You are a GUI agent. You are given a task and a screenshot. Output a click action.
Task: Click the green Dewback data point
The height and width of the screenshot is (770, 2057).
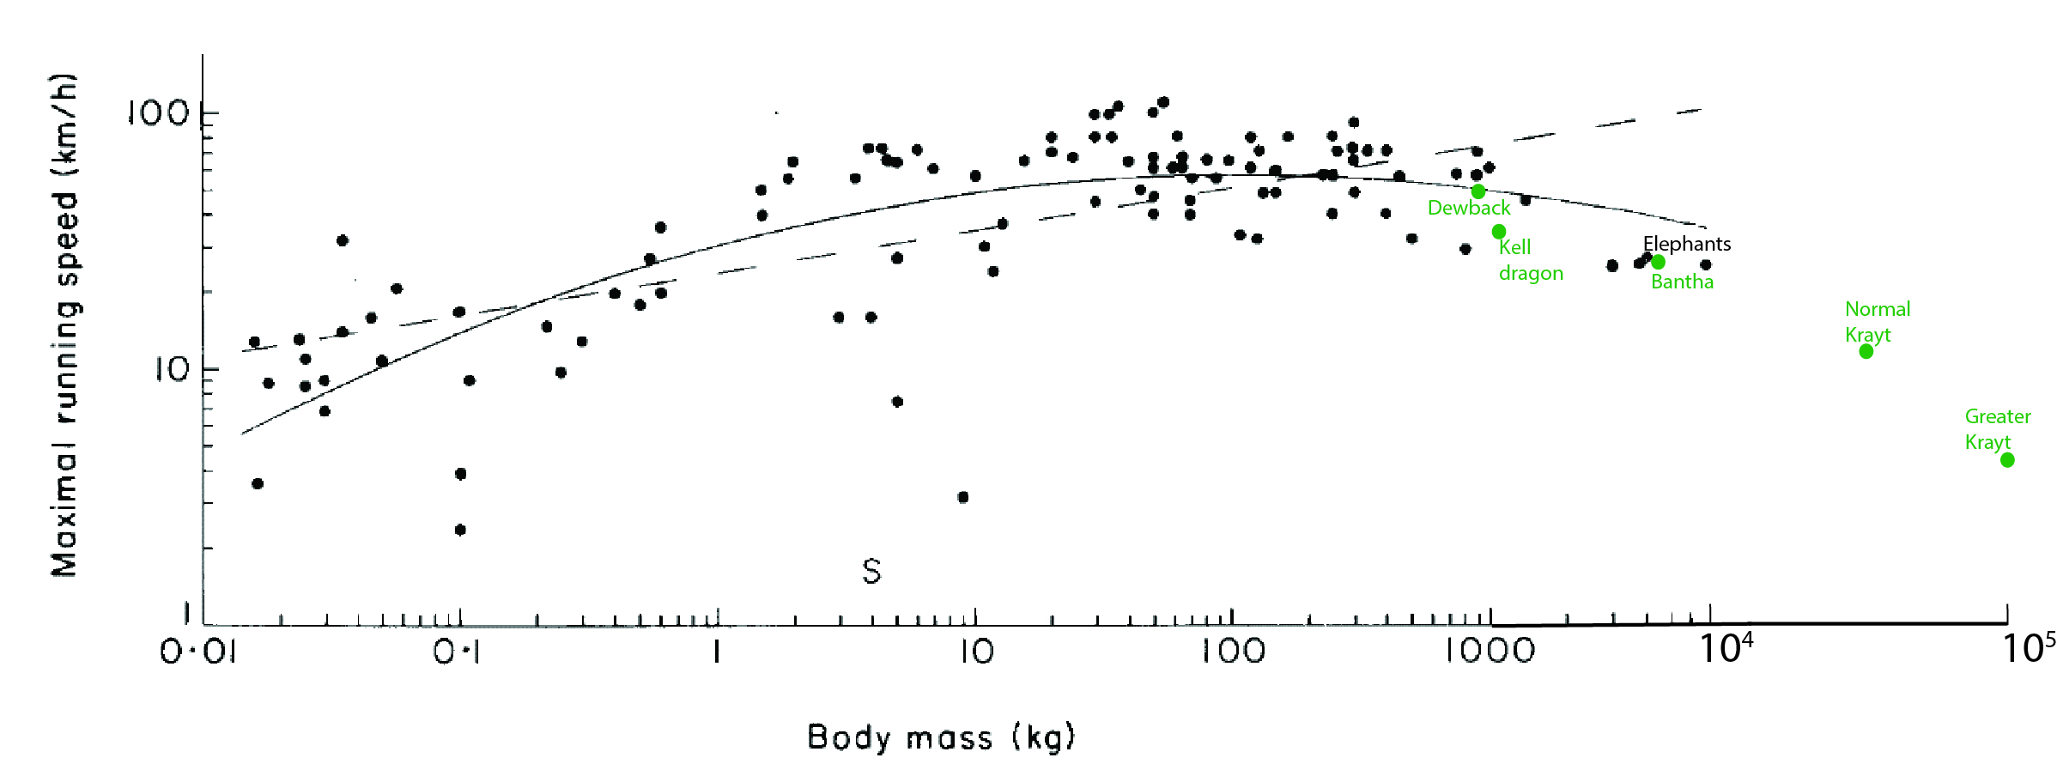(x=1478, y=191)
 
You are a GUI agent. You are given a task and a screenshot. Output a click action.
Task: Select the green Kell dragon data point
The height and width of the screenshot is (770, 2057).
(x=1498, y=232)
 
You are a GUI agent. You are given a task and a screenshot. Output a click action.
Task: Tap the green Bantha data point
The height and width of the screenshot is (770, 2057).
(x=1658, y=262)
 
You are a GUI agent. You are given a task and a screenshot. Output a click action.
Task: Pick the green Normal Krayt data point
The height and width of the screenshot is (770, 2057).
(x=1866, y=351)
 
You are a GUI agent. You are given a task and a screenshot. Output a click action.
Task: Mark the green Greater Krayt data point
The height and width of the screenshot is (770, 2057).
(x=2007, y=460)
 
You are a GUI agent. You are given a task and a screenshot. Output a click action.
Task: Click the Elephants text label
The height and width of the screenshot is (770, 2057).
(x=1686, y=244)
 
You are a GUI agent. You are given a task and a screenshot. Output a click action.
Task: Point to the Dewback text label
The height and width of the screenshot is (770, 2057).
(x=1468, y=208)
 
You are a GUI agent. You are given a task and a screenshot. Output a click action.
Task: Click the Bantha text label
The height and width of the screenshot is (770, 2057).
(x=1682, y=282)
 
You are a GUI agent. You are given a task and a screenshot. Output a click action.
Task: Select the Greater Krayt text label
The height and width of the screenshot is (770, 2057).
(x=1997, y=429)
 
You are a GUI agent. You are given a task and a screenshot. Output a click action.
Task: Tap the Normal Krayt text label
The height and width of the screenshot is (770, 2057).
(x=1877, y=322)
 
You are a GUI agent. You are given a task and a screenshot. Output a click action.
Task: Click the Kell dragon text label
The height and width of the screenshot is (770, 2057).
(x=1530, y=260)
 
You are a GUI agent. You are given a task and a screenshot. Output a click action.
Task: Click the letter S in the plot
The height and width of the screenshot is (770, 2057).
(x=871, y=571)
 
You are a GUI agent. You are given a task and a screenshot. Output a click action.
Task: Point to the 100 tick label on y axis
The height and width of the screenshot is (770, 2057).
(x=159, y=112)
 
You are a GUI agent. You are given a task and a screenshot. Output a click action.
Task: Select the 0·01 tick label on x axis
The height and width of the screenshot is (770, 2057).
(x=198, y=652)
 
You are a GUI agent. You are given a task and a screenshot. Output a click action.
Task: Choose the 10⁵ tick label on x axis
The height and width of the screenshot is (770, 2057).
(x=2028, y=649)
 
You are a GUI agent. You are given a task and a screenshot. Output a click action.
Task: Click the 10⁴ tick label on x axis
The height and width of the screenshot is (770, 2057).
(x=1726, y=649)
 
